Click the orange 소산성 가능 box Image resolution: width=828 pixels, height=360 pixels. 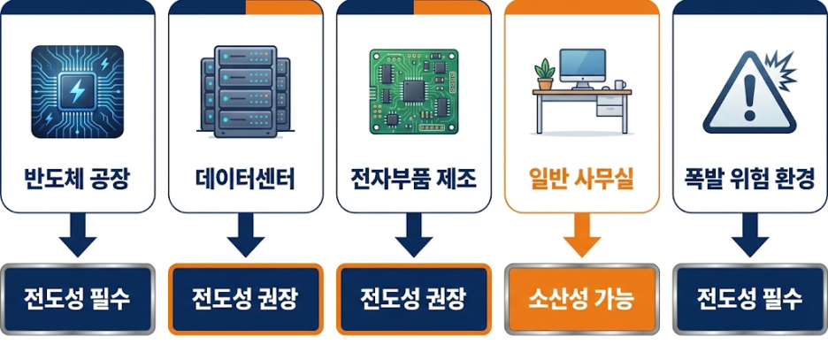tap(581, 298)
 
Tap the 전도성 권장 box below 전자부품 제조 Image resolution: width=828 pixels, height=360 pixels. tap(413, 298)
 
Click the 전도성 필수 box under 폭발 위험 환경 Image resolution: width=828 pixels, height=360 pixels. tap(749, 298)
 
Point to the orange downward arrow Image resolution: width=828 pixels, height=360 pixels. tap(581, 236)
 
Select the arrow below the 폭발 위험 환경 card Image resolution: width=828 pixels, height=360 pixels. tap(749, 236)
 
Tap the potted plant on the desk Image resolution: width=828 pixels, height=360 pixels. tap(545, 73)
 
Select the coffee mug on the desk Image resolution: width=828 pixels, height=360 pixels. tap(620, 86)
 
